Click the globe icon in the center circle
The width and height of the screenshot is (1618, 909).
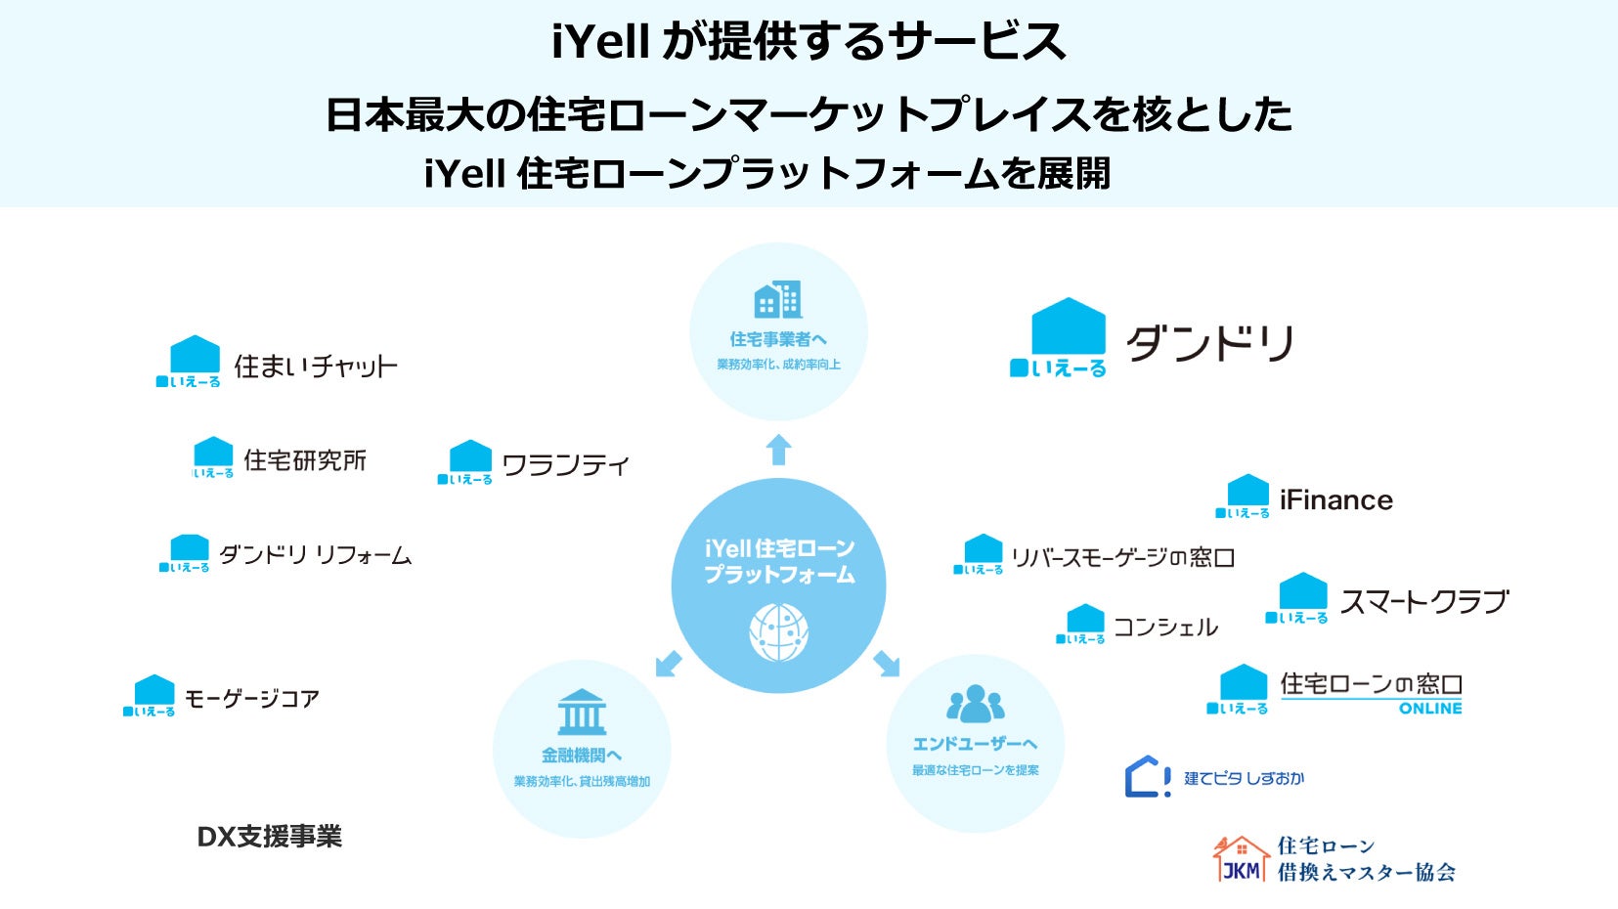778,631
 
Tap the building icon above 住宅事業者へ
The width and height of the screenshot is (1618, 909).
778,299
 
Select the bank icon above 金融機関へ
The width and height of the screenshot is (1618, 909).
582,713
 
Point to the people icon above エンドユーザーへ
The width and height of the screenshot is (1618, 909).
975,703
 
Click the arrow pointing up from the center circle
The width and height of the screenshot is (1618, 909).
778,450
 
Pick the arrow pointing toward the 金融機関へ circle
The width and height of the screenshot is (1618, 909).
669,664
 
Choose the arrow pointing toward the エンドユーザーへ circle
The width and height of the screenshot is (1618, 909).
887,663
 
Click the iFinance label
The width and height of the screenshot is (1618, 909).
1335,500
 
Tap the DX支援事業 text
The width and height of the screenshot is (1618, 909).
270,837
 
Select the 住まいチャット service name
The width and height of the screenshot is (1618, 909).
316,367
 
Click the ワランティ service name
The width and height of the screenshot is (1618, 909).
565,465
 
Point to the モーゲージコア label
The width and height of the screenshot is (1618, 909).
252,699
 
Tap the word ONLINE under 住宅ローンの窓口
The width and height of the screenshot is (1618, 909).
1430,709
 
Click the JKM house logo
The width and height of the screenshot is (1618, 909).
1241,859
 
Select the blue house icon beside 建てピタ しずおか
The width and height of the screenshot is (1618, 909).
1147,777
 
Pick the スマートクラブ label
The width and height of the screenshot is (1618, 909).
1424,602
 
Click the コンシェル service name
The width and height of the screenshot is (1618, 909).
1165,628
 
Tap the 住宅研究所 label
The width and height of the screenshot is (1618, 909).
305,460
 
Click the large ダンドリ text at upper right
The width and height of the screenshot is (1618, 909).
1210,344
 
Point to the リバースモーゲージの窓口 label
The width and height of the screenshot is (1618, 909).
1122,558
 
